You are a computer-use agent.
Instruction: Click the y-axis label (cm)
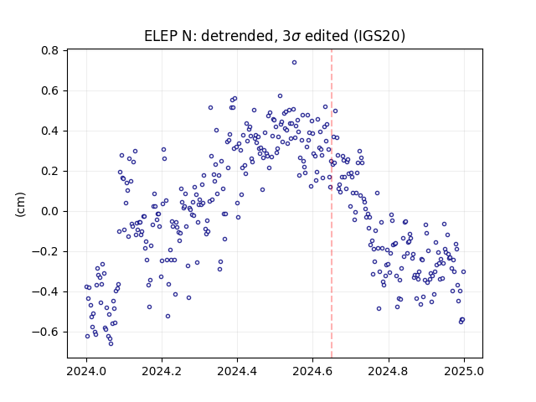(20, 204)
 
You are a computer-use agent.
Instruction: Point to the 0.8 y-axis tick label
(50, 50)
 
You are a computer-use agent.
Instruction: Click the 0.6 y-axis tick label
(50, 91)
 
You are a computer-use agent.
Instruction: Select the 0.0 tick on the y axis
(50, 211)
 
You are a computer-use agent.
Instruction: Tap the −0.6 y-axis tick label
(45, 332)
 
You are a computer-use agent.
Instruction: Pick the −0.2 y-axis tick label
(45, 251)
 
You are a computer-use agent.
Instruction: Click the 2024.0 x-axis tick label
(86, 371)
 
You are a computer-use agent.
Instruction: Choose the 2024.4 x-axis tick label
(237, 371)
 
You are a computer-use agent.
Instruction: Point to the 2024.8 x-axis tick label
(389, 371)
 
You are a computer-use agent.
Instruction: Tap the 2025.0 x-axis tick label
(464, 371)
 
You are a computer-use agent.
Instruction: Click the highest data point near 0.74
(294, 62)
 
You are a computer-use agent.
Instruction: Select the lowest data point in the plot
(111, 343)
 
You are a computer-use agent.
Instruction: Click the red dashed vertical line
(332, 204)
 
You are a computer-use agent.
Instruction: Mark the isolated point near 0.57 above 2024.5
(280, 96)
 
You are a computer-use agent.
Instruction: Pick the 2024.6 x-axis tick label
(312, 371)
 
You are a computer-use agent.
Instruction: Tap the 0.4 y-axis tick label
(50, 131)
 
